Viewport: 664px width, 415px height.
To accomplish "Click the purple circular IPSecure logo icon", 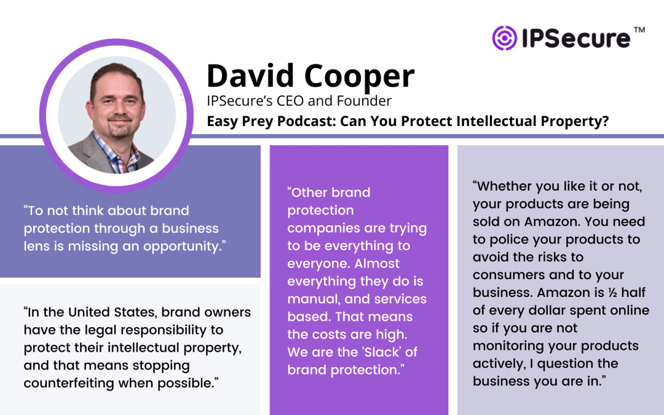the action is point(504,38).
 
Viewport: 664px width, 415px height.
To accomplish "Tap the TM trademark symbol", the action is point(639,30).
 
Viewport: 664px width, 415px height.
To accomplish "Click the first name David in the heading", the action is point(250,76).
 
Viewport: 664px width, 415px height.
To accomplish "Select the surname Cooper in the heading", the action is point(359,76).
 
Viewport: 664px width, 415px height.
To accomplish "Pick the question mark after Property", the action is point(605,121).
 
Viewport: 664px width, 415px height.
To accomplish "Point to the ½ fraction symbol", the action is point(613,293).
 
